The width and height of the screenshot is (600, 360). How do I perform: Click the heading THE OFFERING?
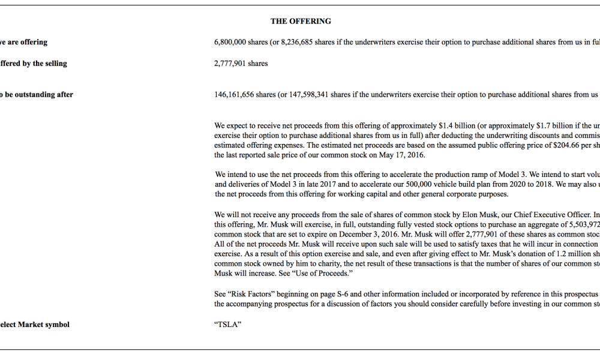pos(301,21)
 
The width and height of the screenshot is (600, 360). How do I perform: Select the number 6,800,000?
pos(232,43)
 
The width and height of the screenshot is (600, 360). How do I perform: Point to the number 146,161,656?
pos(234,95)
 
